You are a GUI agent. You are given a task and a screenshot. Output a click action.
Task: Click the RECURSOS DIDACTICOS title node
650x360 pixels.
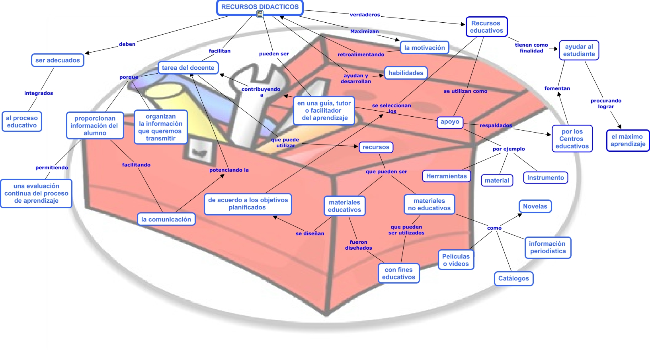coord(260,7)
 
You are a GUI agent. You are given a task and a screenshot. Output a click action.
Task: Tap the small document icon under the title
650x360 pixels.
coord(260,14)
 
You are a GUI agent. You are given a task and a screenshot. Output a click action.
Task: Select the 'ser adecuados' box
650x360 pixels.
coord(57,60)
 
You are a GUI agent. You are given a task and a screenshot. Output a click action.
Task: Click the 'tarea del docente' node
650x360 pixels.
coord(188,68)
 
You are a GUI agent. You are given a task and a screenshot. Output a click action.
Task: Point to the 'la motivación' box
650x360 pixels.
coord(424,48)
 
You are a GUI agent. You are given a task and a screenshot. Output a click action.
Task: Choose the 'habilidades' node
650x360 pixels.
coord(406,73)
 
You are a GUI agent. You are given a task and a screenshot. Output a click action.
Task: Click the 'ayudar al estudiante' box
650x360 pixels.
coord(579,50)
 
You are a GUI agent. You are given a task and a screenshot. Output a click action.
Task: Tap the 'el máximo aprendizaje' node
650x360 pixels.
coord(628,141)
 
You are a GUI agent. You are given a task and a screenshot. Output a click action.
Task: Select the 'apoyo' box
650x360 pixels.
coord(450,122)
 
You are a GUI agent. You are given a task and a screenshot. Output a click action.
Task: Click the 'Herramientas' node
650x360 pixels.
coord(446,176)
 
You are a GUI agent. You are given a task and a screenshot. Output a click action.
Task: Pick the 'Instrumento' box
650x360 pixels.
coord(545,178)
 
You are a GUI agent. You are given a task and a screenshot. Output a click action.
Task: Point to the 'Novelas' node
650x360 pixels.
coord(535,206)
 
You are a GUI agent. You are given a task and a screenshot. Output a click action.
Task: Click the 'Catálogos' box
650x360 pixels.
coord(513,278)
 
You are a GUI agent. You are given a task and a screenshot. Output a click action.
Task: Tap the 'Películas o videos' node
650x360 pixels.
coord(456,260)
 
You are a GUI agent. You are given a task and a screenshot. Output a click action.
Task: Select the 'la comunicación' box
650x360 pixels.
coord(166,219)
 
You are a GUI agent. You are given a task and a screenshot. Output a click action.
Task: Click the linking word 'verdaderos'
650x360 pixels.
coord(365,15)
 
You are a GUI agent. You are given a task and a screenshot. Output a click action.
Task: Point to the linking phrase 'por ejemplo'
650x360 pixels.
coord(508,149)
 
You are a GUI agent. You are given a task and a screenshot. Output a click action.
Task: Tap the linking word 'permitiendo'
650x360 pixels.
coord(51,168)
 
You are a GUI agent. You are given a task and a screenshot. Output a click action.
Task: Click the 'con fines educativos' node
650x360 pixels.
coord(398,274)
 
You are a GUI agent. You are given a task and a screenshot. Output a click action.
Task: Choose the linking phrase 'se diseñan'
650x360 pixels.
coord(310,233)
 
